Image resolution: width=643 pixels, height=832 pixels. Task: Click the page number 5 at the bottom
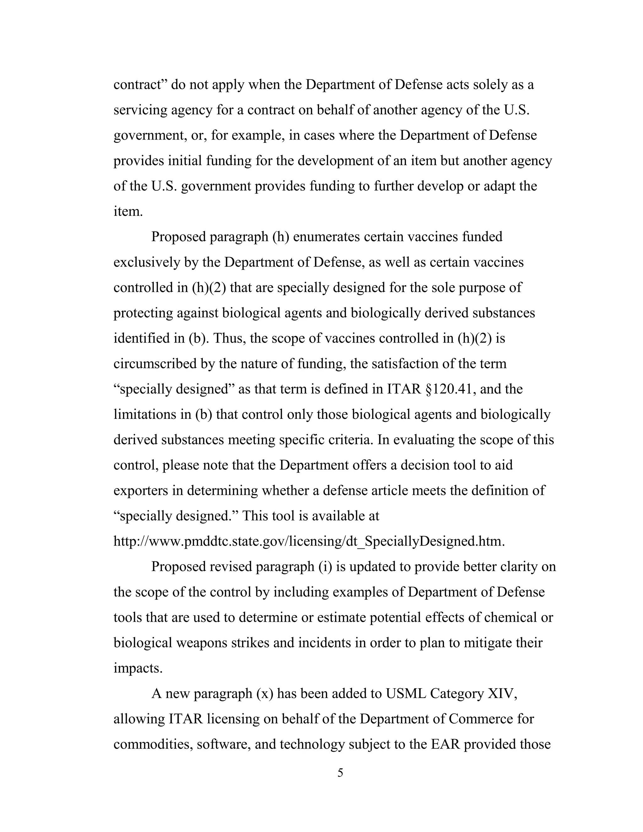(340, 773)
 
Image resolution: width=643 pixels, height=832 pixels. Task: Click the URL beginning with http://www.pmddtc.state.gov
(309, 541)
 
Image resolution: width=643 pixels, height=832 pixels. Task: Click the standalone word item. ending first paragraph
(128, 211)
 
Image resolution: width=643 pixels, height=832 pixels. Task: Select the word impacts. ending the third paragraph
(138, 668)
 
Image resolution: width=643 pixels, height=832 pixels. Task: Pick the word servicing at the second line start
(140, 110)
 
